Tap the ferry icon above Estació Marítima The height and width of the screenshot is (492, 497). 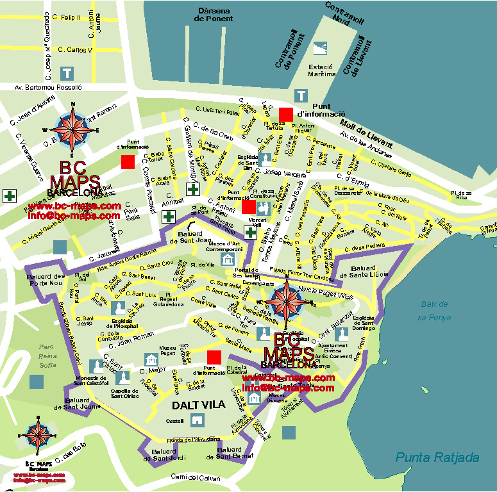tap(319, 48)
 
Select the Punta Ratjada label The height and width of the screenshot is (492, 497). tap(437, 457)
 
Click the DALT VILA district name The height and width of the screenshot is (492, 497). tap(198, 405)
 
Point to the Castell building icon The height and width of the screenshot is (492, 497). tap(197, 420)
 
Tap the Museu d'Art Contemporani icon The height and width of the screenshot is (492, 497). tap(227, 259)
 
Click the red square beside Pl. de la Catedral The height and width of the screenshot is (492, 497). tap(215, 357)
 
